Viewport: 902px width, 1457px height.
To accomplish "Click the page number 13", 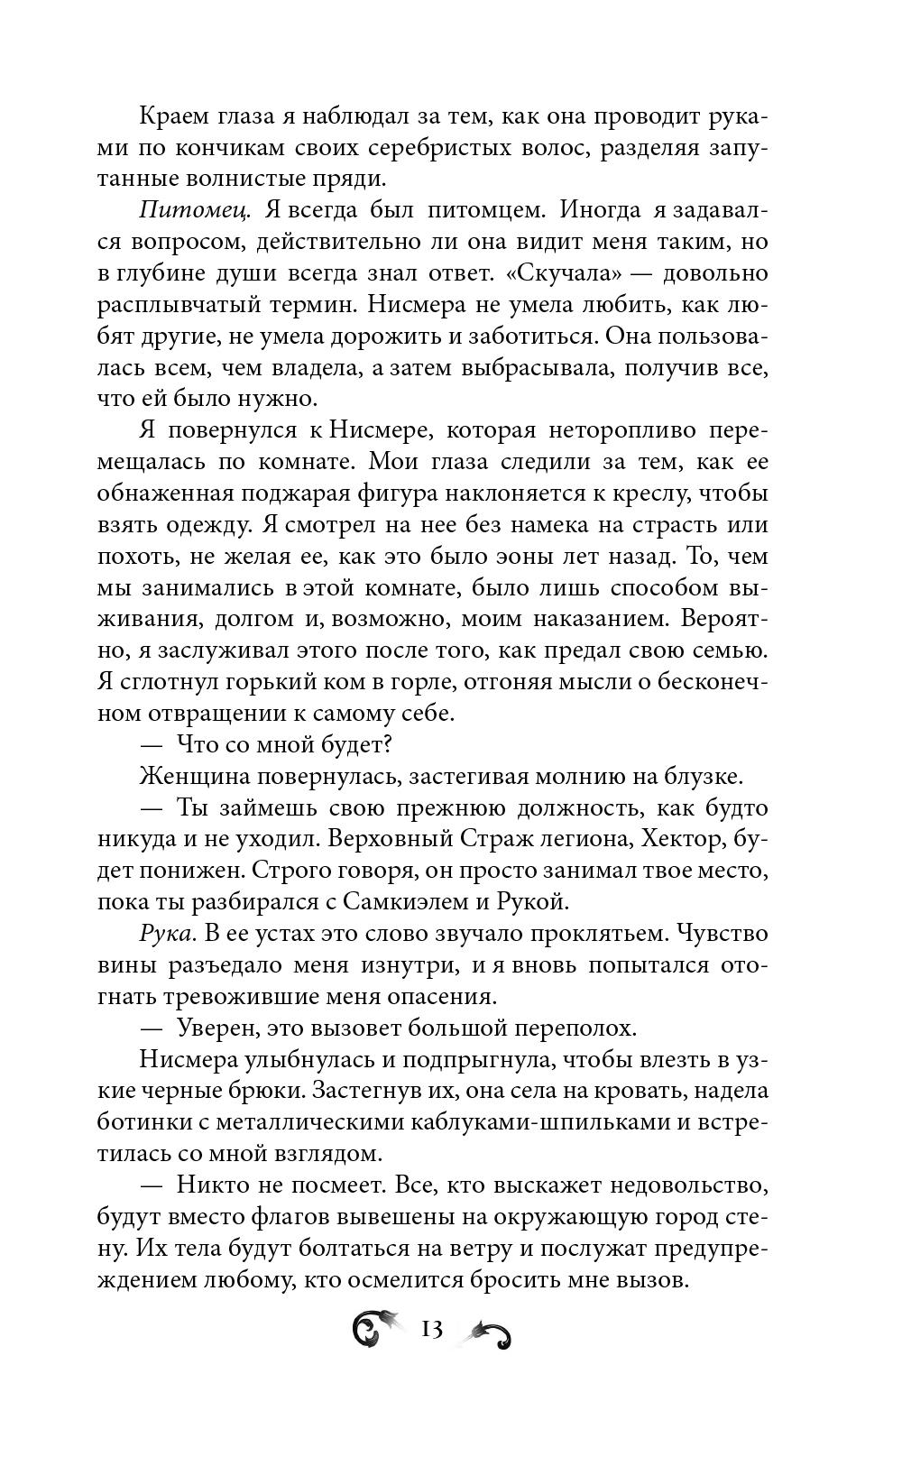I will point(431,1329).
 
